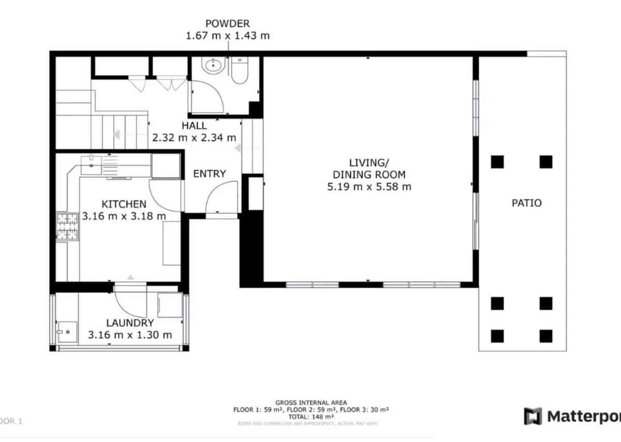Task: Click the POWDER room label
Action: coord(228,23)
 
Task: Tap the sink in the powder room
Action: coord(212,66)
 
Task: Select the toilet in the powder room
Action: coord(239,71)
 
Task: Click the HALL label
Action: coord(194,126)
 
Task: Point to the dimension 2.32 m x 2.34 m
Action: coord(194,138)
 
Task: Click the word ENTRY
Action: coord(209,174)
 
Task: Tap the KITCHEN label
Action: coord(124,204)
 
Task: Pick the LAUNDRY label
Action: coord(130,323)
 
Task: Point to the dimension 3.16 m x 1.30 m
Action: coord(130,335)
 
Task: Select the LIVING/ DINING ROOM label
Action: coord(369,167)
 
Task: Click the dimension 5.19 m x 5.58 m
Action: coord(369,187)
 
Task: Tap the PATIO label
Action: coord(526,203)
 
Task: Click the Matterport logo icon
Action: coord(533,416)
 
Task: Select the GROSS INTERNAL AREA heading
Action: coord(311,403)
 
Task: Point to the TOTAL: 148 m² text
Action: coord(311,416)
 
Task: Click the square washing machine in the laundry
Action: coord(169,305)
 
